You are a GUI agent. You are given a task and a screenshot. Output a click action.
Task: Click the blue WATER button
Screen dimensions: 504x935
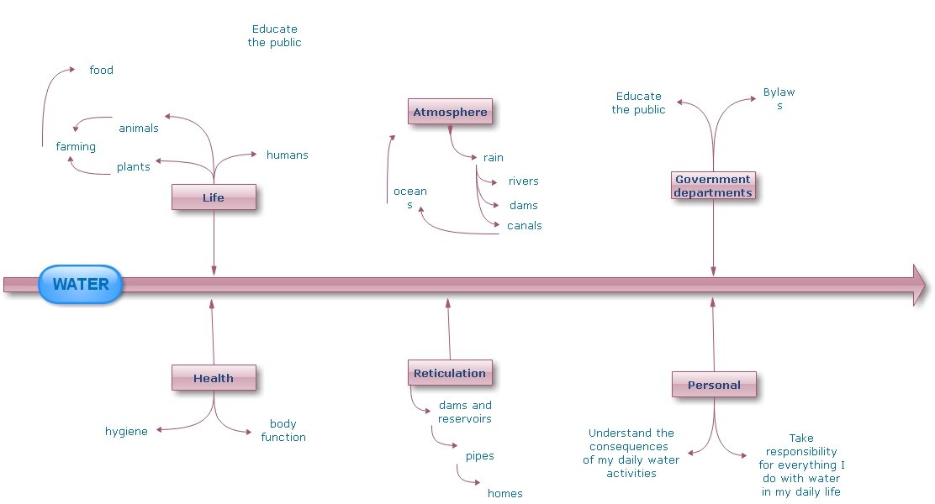(x=80, y=284)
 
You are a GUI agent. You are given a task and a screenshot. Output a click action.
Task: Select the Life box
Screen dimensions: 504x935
(x=214, y=197)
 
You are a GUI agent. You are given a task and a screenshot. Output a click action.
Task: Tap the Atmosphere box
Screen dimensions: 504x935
(x=450, y=112)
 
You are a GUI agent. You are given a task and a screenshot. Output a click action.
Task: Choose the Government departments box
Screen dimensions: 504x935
(x=713, y=186)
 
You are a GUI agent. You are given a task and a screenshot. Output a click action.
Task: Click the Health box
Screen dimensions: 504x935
(x=214, y=378)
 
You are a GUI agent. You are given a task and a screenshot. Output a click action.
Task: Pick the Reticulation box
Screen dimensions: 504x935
(x=450, y=373)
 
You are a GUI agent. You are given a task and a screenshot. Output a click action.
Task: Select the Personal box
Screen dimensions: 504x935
(x=714, y=385)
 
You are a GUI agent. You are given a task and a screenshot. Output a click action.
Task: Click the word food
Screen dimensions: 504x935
(x=102, y=71)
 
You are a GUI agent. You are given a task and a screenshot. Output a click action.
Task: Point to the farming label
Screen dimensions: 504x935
(x=76, y=147)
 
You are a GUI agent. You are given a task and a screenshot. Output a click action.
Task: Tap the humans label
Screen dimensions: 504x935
(x=287, y=155)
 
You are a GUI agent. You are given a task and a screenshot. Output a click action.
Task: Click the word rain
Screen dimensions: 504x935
(x=494, y=157)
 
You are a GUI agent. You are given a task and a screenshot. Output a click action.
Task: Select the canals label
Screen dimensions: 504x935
(x=524, y=225)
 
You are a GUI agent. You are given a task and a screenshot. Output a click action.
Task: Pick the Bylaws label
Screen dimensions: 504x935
(x=779, y=99)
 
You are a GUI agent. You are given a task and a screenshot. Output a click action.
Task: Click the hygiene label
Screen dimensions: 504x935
(x=126, y=432)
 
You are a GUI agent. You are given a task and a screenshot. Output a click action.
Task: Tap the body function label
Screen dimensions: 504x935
(x=283, y=431)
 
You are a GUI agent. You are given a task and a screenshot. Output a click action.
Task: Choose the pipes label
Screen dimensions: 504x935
(x=479, y=456)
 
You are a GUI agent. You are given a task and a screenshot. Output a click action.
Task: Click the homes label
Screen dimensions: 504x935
(x=504, y=494)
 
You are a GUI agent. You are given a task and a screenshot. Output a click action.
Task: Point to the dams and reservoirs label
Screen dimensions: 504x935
(x=465, y=412)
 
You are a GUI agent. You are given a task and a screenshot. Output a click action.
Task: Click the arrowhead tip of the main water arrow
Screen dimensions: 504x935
(x=925, y=285)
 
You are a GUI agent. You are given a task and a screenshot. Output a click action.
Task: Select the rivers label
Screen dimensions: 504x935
(x=523, y=181)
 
